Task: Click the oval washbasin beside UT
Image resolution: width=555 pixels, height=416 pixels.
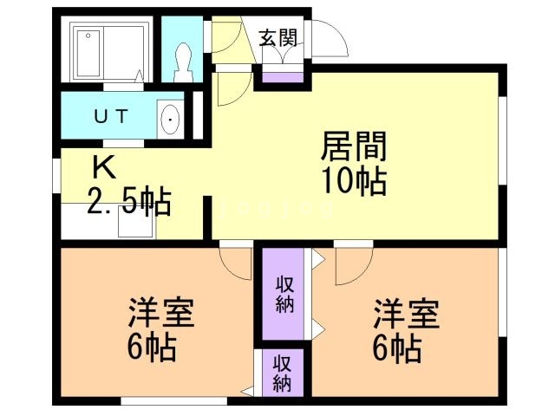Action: tap(171, 117)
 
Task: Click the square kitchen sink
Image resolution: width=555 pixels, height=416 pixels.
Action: tap(135, 224)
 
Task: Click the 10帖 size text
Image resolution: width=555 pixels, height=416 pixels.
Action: tap(353, 183)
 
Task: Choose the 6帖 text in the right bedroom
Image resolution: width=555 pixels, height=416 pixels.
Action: tap(398, 349)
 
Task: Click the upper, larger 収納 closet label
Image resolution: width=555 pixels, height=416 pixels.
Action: tap(284, 294)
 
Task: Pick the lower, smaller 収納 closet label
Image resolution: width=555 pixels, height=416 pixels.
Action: tap(282, 372)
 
